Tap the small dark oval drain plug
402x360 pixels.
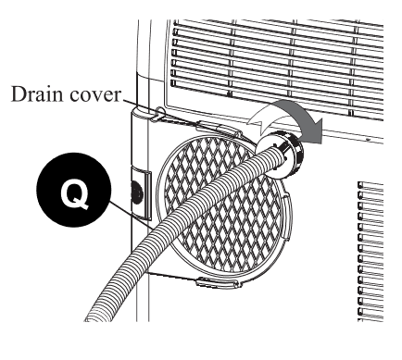coord(137,192)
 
